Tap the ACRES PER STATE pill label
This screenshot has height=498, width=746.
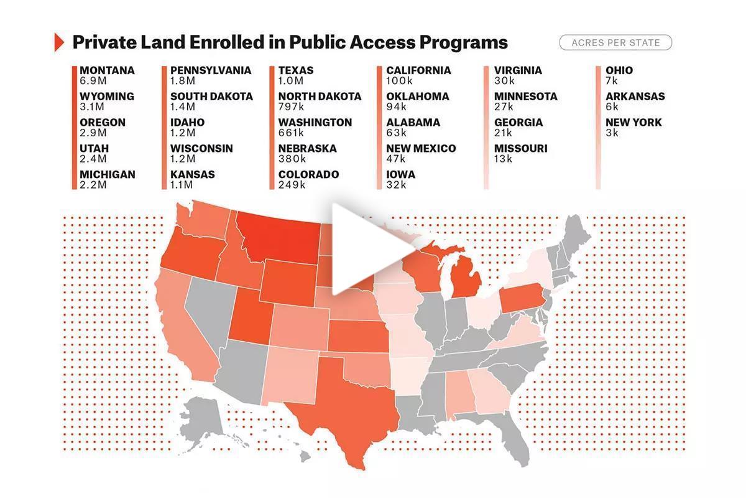click(x=615, y=43)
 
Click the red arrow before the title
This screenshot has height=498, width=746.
click(x=60, y=42)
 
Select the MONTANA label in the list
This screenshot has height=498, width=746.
click(x=107, y=70)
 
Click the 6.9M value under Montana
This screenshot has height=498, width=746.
click(x=93, y=80)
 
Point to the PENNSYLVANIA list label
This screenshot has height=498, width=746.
click(x=211, y=70)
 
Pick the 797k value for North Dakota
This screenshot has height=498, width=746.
click(x=292, y=106)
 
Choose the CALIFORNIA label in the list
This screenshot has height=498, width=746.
click(x=418, y=70)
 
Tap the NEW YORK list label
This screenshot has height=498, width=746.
click(x=633, y=123)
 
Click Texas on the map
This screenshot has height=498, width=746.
click(x=348, y=405)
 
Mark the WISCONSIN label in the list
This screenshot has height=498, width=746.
click(x=201, y=149)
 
